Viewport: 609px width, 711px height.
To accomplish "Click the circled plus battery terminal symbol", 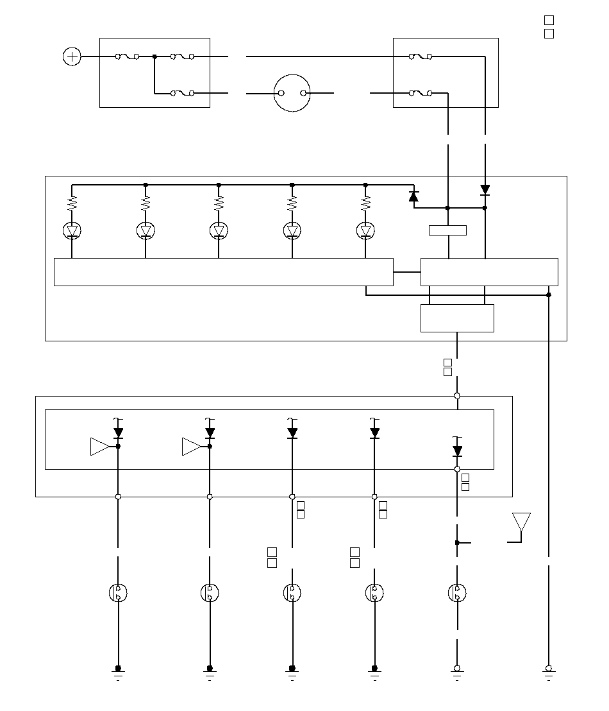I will [72, 56].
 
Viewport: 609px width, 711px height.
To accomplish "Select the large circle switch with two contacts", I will [292, 93].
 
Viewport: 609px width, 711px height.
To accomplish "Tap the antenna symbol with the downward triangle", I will [521, 522].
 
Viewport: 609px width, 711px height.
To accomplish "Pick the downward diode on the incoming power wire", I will [485, 190].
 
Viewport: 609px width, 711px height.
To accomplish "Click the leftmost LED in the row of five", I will [72, 230].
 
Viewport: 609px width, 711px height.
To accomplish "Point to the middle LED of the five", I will [219, 230].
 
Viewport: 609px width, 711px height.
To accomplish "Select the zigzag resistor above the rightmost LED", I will [365, 204].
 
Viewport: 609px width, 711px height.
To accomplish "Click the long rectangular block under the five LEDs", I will [223, 271].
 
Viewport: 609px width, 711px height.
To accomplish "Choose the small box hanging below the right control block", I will [457, 318].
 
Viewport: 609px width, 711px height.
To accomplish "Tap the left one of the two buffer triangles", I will [100, 446].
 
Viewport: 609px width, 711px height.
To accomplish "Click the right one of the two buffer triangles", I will [192, 446].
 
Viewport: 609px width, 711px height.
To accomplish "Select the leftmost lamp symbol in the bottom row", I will [118, 593].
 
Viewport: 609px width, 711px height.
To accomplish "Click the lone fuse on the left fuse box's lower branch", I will [183, 93].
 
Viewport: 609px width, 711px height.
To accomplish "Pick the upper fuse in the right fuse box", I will [420, 56].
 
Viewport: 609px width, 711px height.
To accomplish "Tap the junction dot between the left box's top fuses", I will [154, 56].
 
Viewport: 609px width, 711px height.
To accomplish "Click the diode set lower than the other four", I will [457, 451].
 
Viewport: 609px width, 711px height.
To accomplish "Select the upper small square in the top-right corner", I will [549, 21].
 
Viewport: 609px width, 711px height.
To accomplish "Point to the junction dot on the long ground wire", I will [549, 295].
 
